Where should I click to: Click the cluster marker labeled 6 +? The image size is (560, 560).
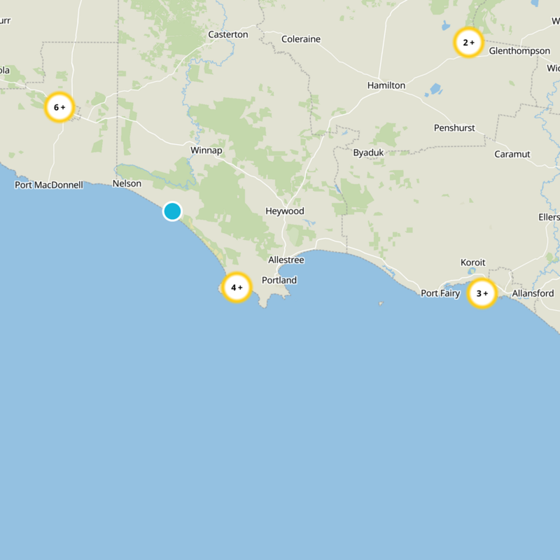coord(59,107)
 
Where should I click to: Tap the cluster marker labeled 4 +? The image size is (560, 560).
coord(237,287)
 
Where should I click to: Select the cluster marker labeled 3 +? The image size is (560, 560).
coord(482,293)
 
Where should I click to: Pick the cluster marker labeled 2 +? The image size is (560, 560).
coord(468,43)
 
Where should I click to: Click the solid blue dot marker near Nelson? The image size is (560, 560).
coord(172,211)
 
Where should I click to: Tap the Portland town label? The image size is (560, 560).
coord(279,280)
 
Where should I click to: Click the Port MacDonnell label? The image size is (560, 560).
coord(49,185)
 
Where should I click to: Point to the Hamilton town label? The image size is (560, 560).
coord(386,85)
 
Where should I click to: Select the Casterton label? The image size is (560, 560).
coord(228,34)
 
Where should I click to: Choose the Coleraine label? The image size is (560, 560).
coord(301,39)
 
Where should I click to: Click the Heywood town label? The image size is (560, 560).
coord(285,211)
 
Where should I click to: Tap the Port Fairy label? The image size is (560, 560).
coord(440,293)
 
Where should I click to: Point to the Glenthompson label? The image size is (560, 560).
coord(519,51)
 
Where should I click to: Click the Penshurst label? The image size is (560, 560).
coord(454,128)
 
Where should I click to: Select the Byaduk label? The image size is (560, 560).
coord(368,152)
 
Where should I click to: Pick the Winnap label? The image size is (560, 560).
coord(206,150)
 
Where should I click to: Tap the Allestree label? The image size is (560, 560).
coord(286,260)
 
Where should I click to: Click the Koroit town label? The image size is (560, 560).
coord(472,262)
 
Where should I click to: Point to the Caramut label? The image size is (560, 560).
coord(512,154)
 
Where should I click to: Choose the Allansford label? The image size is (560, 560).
coord(533,293)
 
